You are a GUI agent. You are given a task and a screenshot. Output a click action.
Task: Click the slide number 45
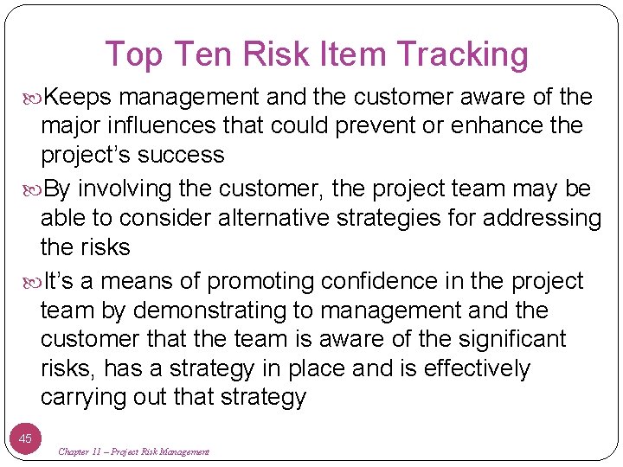coord(26,438)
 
